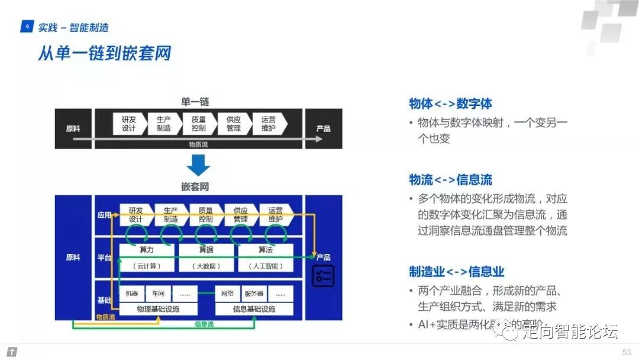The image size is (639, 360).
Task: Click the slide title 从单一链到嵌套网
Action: pos(104,53)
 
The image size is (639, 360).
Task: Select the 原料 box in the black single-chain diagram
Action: pos(73,128)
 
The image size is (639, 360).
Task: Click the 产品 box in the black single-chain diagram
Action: pos(322,128)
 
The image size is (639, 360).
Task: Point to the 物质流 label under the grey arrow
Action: pos(198,144)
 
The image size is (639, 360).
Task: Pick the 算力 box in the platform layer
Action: pos(147,250)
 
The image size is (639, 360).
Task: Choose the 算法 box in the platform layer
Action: pos(266,250)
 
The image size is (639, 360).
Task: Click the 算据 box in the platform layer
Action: pos(206,250)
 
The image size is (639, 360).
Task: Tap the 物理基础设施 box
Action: pos(158,309)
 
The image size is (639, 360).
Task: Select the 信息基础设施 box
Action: pos(254,309)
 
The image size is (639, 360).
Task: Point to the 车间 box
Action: pos(158,294)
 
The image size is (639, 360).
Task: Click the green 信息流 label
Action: pos(204,324)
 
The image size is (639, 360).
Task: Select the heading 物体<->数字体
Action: pos(450,104)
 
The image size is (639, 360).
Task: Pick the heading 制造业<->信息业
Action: pos(456,272)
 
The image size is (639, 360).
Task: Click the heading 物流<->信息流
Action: pos(450,180)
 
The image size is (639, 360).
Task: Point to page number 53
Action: pos(627,352)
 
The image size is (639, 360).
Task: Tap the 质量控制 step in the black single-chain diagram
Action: pos(198,124)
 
